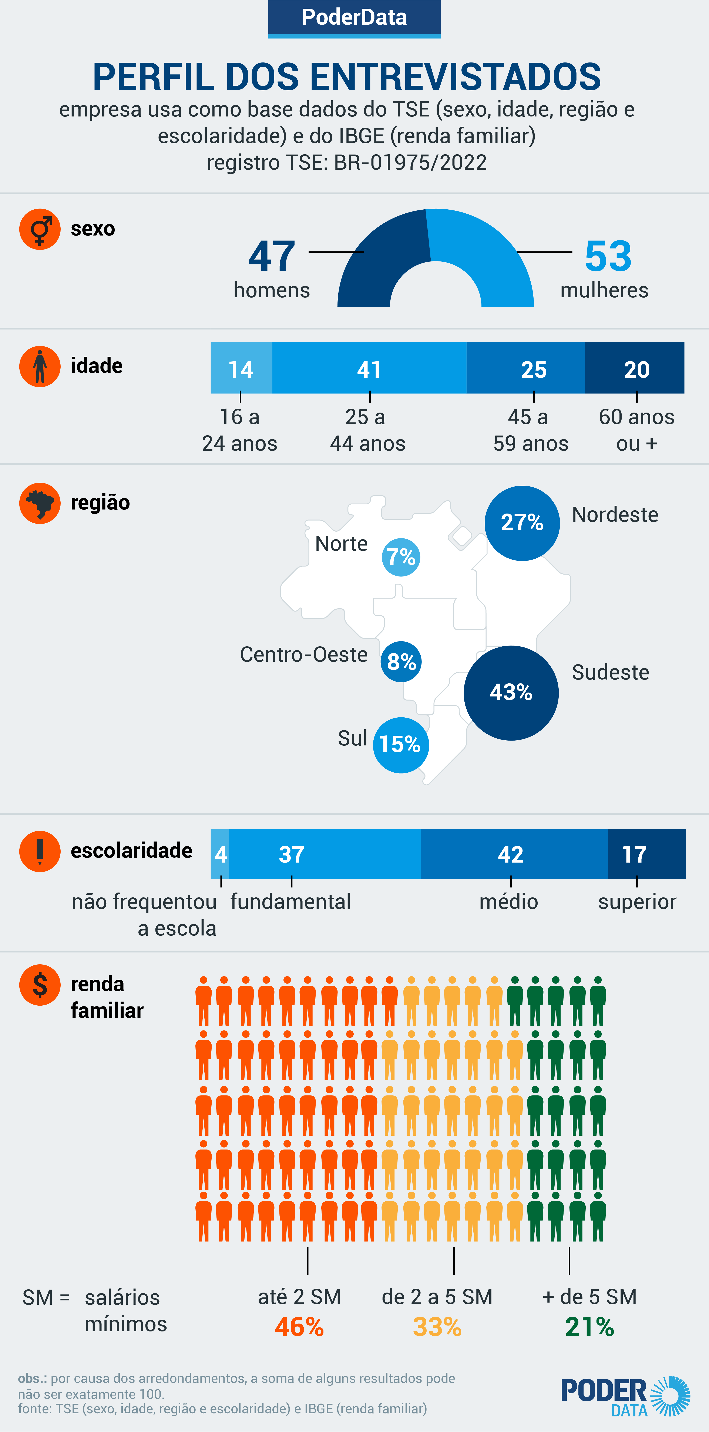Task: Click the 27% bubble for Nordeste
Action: (x=522, y=522)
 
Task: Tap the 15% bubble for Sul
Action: (x=400, y=744)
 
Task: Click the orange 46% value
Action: (x=299, y=1327)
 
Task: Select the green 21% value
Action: (x=589, y=1327)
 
